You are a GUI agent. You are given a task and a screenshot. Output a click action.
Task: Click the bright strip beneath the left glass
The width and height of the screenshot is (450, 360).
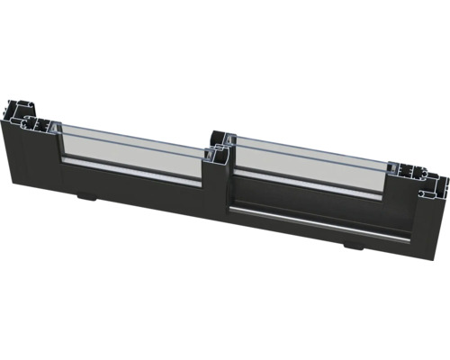tap(135, 171)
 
